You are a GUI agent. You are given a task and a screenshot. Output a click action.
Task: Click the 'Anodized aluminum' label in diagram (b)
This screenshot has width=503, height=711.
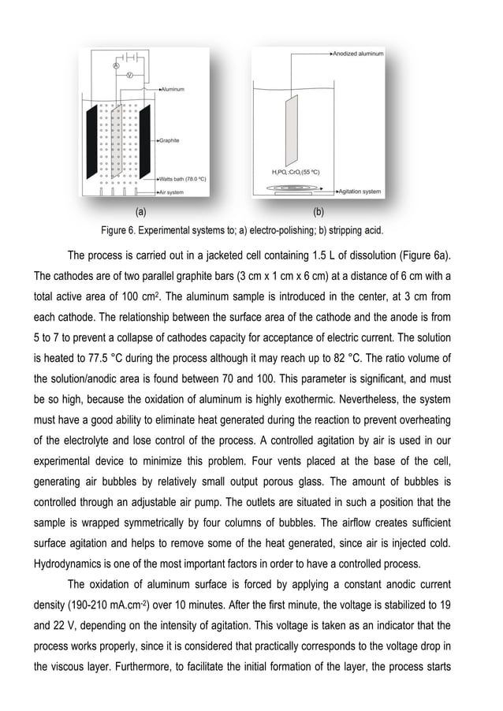[359, 54]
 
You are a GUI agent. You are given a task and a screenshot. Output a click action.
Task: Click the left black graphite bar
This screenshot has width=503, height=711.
[91, 141]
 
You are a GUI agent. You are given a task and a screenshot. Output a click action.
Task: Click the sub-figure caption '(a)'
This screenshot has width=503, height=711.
[140, 211]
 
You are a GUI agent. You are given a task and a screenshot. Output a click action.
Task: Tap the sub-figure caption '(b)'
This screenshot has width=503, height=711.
[319, 211]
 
